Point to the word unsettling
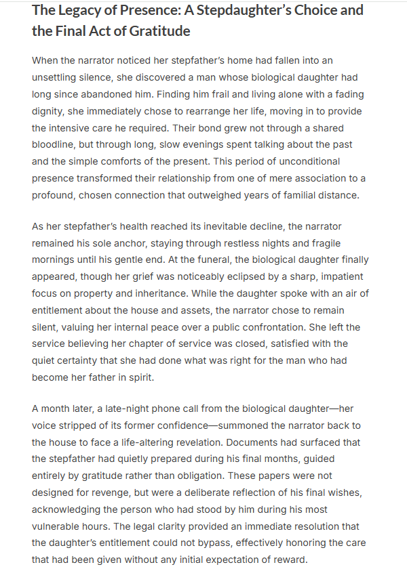tap(60, 77)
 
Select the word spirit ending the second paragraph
tap(136, 377)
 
